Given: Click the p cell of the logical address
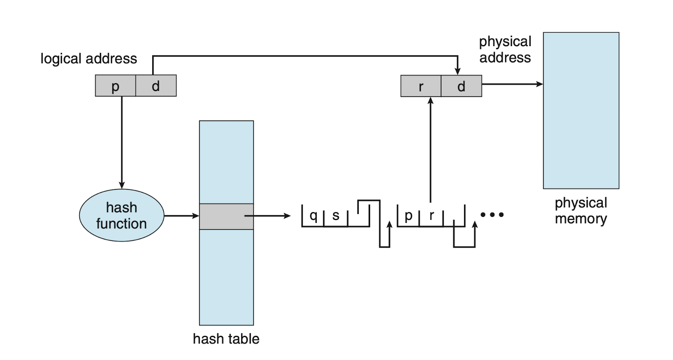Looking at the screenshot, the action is coord(115,86).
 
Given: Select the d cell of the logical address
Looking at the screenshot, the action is coord(156,86).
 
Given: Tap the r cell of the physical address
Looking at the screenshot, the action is coord(421,86).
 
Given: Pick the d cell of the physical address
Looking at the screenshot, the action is coord(461,86).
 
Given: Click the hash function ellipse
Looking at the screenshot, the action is coord(122,215).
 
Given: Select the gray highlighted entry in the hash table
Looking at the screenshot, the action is coord(226,217).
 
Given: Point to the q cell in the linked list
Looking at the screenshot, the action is coord(313,216).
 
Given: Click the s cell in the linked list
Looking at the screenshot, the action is coord(336,216).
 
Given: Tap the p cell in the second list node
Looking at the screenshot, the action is coord(408,216).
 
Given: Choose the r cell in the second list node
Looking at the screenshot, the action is coord(431,216).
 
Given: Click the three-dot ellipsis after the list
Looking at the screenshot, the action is coord(492,214).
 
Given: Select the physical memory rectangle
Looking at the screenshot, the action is coord(581,111).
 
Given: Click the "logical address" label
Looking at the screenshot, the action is coord(89,59).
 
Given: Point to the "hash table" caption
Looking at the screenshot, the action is coord(226,339).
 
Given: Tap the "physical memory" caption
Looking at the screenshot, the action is coord(581,210).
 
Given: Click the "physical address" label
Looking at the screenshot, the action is coord(505,50).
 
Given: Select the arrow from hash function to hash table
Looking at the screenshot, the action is coord(182,216).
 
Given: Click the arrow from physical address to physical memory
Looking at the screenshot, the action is coord(512,84).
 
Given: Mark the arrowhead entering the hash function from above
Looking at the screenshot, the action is coord(122,185).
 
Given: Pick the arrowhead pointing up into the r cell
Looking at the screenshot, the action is coord(430,101).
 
